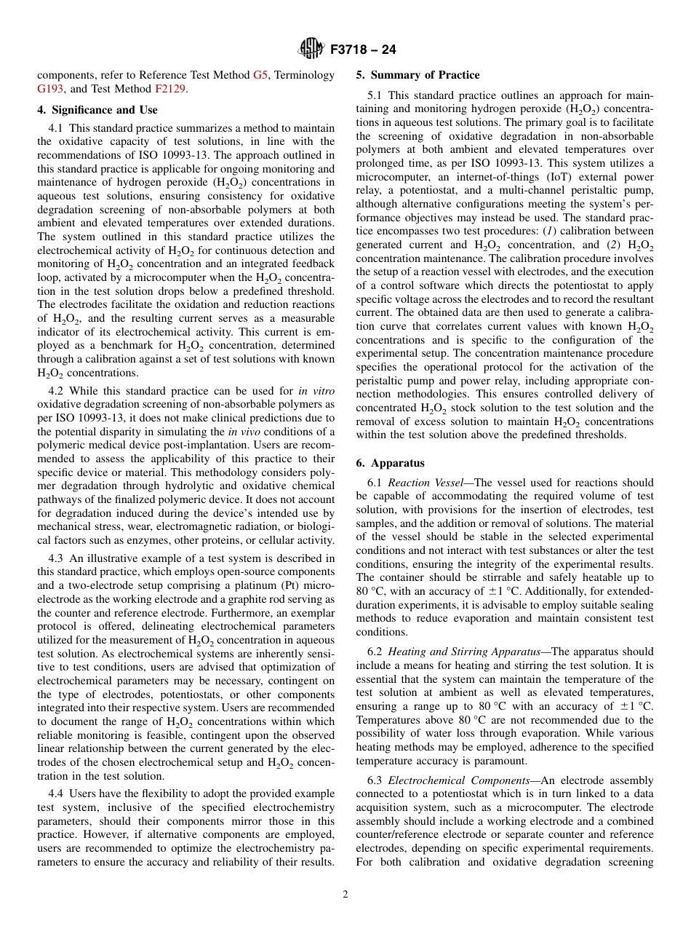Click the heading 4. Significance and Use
tap(97, 110)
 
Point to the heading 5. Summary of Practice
tap(418, 75)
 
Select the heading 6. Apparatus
tap(390, 463)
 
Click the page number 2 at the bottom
tap(345, 895)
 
